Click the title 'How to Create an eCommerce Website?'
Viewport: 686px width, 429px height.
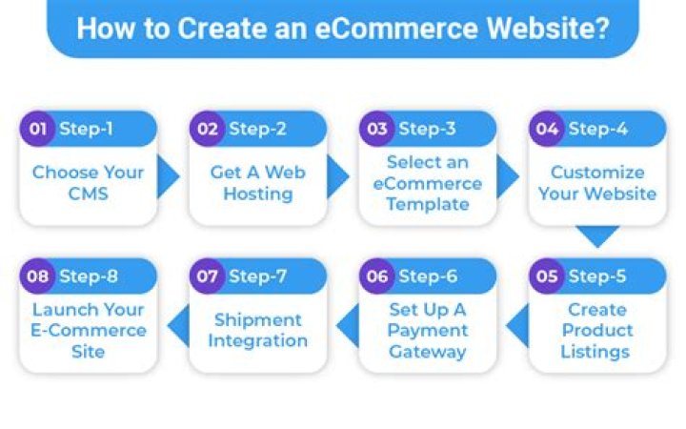pos(342,28)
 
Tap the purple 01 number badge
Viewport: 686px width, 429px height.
pos(37,129)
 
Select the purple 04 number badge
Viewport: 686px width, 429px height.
pos(546,129)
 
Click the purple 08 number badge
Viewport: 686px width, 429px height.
pos(37,276)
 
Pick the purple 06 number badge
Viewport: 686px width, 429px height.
pos(376,276)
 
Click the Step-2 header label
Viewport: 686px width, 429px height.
pos(258,129)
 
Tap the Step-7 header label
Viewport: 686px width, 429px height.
pos(258,276)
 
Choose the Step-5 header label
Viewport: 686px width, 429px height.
pos(597,276)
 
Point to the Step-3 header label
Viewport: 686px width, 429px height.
pos(428,129)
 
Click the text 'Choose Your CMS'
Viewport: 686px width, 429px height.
pos(88,183)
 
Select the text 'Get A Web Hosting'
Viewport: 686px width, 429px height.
pos(257,183)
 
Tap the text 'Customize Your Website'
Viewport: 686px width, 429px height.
pos(597,183)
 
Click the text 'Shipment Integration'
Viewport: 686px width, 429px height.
pos(257,330)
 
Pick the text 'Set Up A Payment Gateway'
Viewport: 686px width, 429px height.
pos(428,330)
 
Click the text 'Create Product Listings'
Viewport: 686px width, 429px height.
pos(597,330)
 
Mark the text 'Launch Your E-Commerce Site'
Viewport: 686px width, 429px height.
pos(88,330)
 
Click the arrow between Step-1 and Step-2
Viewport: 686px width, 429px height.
pos(169,176)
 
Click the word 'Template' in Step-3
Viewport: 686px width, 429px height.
pos(428,203)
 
